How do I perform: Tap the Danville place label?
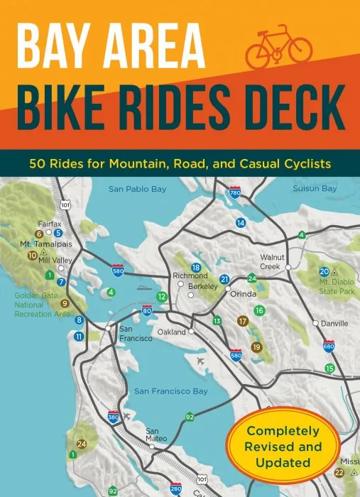click(334, 323)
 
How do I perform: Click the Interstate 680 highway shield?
click(329, 346)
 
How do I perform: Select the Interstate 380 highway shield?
click(113, 417)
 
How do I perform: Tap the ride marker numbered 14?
click(241, 223)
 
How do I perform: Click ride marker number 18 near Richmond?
click(196, 266)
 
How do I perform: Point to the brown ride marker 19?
click(256, 346)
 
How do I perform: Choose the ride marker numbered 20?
click(324, 271)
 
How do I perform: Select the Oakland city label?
click(171, 332)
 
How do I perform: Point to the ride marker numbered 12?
click(163, 296)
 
